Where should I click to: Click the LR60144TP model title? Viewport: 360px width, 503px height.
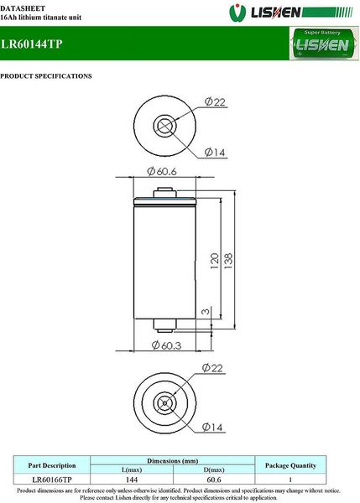click(31, 44)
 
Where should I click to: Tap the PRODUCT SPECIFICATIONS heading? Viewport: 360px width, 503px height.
click(46, 76)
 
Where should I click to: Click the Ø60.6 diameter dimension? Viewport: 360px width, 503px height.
click(162, 171)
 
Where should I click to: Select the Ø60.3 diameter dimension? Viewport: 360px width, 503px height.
click(166, 345)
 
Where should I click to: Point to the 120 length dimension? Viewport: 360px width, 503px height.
click(215, 261)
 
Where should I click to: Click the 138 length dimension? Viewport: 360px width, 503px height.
click(228, 261)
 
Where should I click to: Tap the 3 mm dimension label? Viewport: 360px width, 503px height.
click(206, 311)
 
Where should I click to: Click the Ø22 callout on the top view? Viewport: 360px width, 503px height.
click(215, 101)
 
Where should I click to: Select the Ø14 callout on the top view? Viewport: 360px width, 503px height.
click(215, 152)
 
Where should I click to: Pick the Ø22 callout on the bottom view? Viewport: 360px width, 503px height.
click(212, 368)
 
